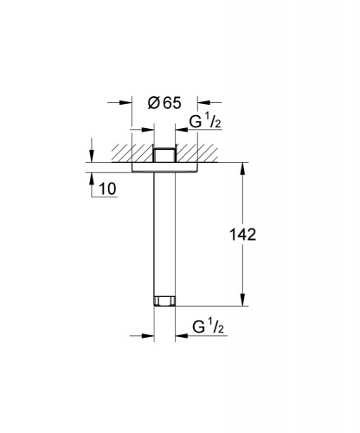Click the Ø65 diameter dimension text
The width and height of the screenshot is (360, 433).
(x=164, y=103)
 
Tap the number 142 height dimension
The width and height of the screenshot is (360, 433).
(x=242, y=234)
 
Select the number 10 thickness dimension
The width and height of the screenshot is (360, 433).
(x=107, y=189)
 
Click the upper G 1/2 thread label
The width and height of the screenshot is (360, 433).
(x=205, y=121)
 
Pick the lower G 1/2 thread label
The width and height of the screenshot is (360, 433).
(x=208, y=326)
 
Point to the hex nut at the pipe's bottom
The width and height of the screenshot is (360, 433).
(x=164, y=301)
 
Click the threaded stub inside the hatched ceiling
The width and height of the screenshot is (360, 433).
(x=164, y=155)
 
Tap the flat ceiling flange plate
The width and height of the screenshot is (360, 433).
(x=164, y=167)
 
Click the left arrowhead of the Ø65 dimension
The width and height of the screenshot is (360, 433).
(x=125, y=102)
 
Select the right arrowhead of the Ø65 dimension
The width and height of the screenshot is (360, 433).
(x=203, y=102)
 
